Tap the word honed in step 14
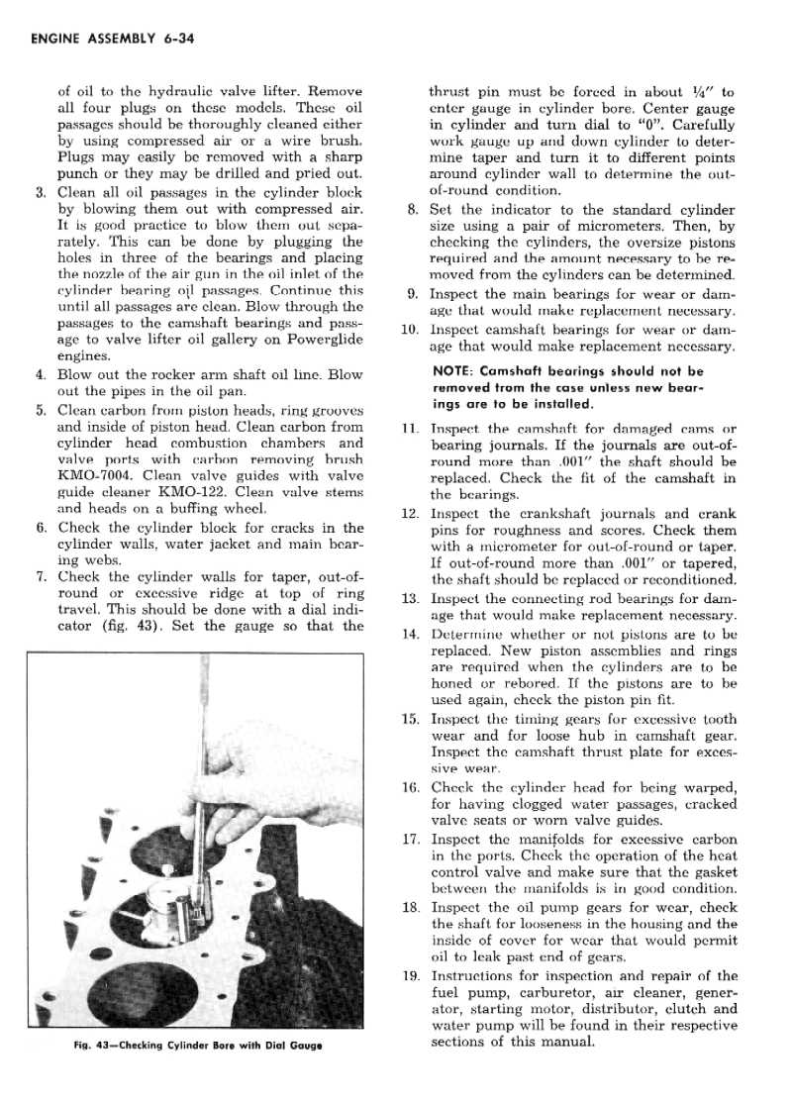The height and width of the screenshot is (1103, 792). click(x=457, y=684)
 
